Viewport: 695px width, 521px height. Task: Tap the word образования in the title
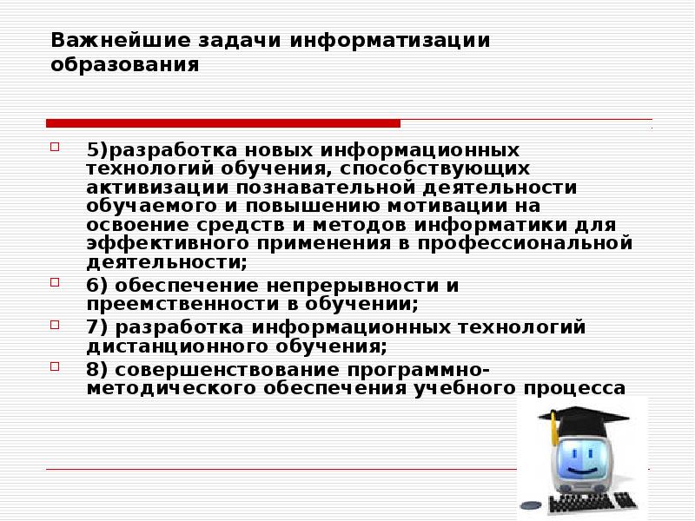pos(124,65)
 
